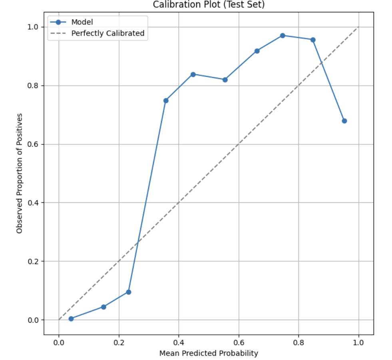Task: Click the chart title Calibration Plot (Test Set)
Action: pyautogui.click(x=209, y=5)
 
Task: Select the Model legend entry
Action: pyautogui.click(x=82, y=22)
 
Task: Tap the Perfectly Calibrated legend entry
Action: pyautogui.click(x=107, y=34)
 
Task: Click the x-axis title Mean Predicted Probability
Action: pyautogui.click(x=209, y=353)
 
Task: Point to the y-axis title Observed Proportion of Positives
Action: pyautogui.click(x=20, y=173)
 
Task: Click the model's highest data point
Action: pyautogui.click(x=283, y=36)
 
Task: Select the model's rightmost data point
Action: pyautogui.click(x=344, y=121)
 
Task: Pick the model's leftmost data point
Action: pyautogui.click(x=71, y=319)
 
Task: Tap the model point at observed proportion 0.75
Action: pyautogui.click(x=166, y=100)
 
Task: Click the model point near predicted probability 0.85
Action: pyautogui.click(x=313, y=40)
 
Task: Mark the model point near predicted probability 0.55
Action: pyautogui.click(x=225, y=80)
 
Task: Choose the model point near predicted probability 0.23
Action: pyautogui.click(x=129, y=292)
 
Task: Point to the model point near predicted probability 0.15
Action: pyautogui.click(x=103, y=307)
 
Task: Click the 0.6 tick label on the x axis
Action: pyautogui.click(x=239, y=342)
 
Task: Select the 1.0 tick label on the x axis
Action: pyautogui.click(x=358, y=342)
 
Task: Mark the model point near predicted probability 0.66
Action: pyautogui.click(x=257, y=51)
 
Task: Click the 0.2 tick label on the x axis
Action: pyautogui.click(x=119, y=342)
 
